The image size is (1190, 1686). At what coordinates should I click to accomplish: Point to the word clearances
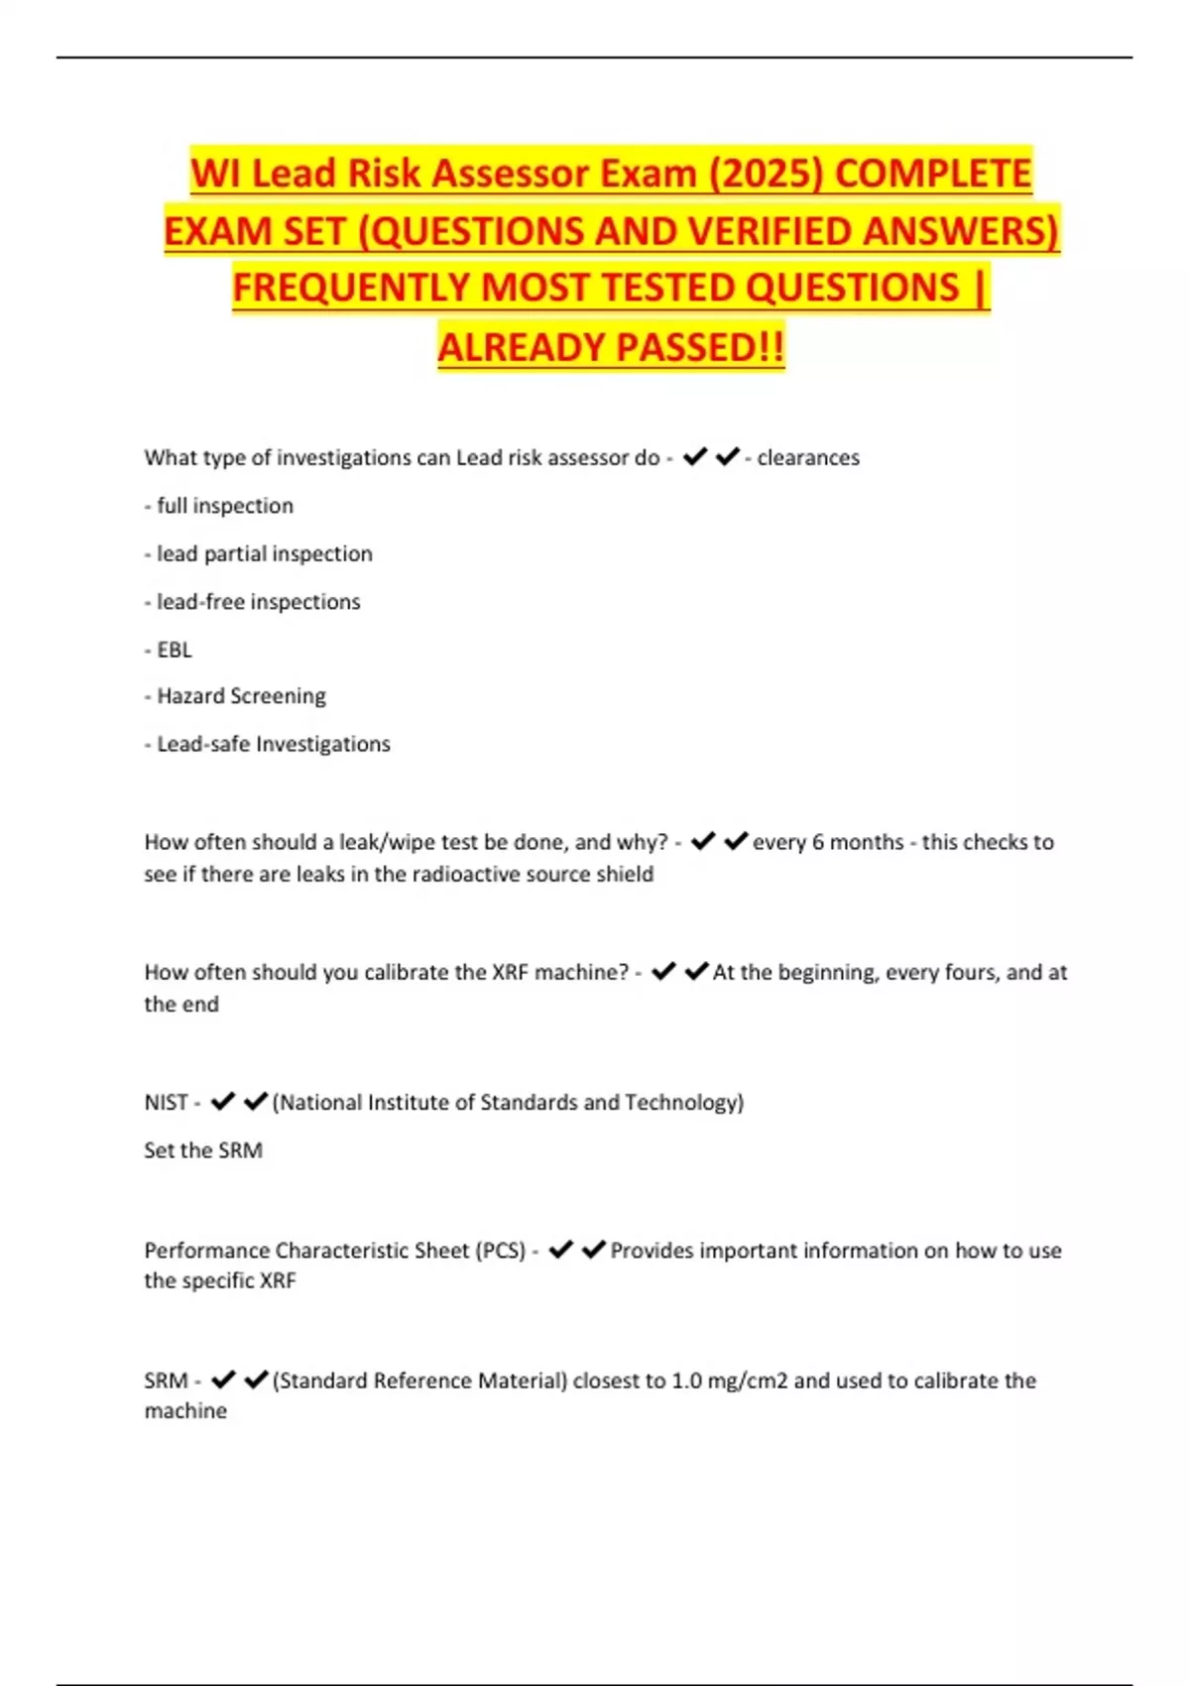tap(808, 458)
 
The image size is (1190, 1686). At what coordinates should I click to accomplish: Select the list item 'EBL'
tap(174, 650)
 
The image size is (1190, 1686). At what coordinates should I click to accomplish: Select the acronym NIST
tap(166, 1103)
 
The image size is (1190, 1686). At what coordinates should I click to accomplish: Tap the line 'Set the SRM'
tap(203, 1150)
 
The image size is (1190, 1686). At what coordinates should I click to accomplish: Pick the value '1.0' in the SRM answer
tap(687, 1381)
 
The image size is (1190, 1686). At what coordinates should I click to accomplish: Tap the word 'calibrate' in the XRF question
tap(406, 973)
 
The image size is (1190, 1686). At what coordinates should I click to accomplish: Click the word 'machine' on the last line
tap(185, 1411)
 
